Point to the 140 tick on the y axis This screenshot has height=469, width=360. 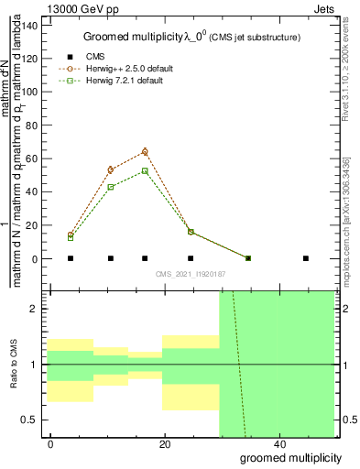point(30,25)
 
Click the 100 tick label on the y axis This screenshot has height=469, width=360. point(30,92)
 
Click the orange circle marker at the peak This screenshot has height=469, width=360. point(145,151)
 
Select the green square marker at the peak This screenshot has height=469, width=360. point(145,170)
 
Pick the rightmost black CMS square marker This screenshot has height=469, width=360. point(305,258)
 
